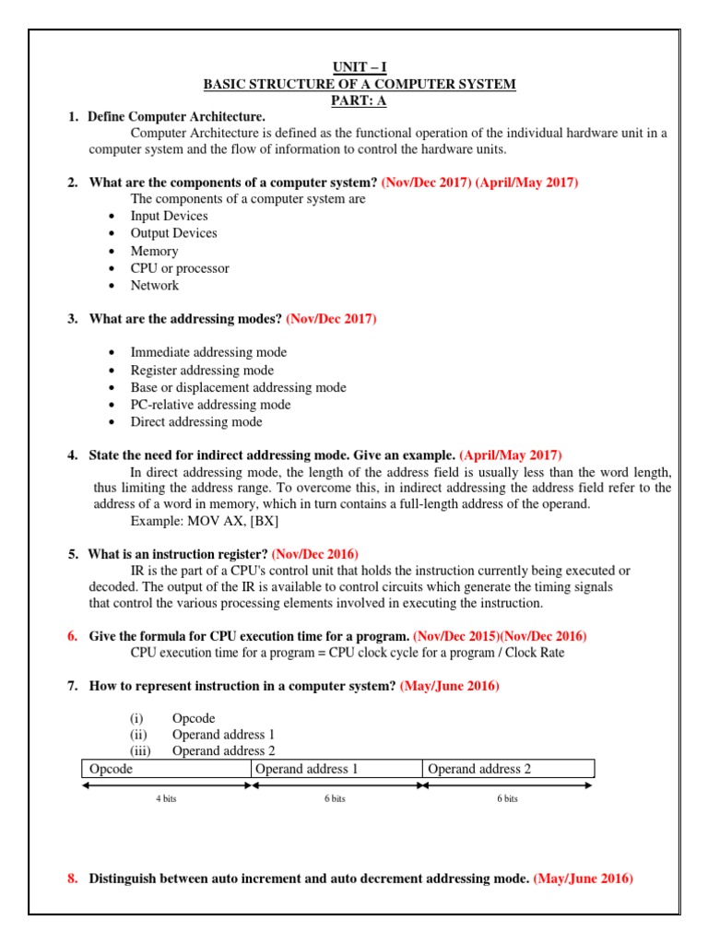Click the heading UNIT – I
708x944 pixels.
point(360,67)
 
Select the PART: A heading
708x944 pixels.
point(360,100)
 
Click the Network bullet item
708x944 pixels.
point(155,286)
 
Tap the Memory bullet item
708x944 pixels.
point(154,251)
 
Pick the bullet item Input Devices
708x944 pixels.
point(169,216)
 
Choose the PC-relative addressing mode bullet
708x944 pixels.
point(210,405)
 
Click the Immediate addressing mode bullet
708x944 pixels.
point(208,352)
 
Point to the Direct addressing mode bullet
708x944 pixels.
point(196,422)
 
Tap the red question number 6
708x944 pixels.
point(72,636)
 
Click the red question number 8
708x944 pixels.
point(72,879)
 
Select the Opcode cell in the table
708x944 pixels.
point(166,769)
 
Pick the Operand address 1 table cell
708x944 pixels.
point(336,769)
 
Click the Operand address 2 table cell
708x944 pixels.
point(509,769)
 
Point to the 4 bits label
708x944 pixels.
point(166,799)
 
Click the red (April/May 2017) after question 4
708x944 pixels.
point(510,455)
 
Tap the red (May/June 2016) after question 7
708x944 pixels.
point(449,686)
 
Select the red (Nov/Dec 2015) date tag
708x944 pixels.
point(456,636)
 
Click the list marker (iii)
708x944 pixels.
point(139,751)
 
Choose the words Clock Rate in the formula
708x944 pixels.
point(532,653)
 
